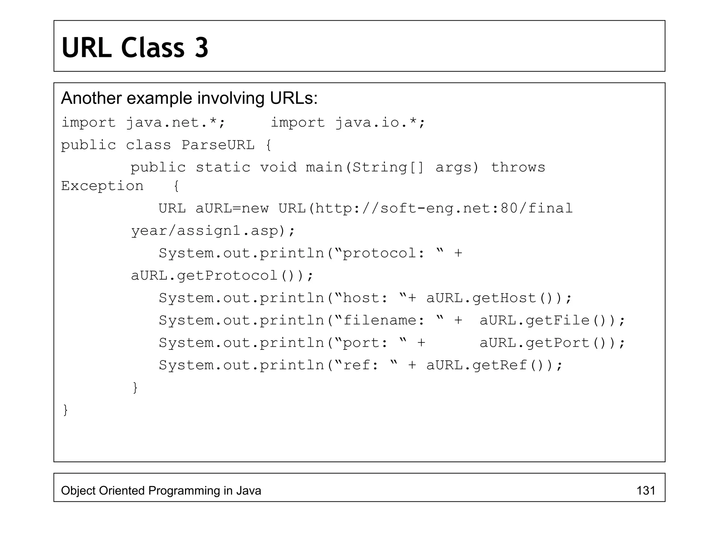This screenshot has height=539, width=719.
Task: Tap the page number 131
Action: coord(646,490)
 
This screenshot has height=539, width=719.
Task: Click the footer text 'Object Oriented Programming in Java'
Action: coord(161,490)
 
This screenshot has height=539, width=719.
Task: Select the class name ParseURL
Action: coord(218,145)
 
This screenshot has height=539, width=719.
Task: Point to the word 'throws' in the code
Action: coord(518,167)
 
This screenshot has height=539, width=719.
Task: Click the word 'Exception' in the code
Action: coord(102,186)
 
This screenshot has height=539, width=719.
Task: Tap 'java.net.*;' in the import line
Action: coord(175,123)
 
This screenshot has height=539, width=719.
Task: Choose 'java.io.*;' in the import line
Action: coord(380,123)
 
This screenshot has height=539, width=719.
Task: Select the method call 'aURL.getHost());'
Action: coord(499,298)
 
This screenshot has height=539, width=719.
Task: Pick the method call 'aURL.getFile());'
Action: coord(552,321)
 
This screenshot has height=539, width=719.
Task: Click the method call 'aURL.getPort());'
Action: coord(552,343)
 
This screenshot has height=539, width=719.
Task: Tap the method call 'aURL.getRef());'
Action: coord(494,366)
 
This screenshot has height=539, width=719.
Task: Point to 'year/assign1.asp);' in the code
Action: coord(213,231)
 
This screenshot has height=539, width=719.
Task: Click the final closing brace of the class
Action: coord(65,410)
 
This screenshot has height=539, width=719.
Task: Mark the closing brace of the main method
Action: coord(135,387)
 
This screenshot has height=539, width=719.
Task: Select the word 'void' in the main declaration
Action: coord(278,167)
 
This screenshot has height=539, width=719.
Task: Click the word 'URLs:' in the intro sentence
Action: coord(293,98)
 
